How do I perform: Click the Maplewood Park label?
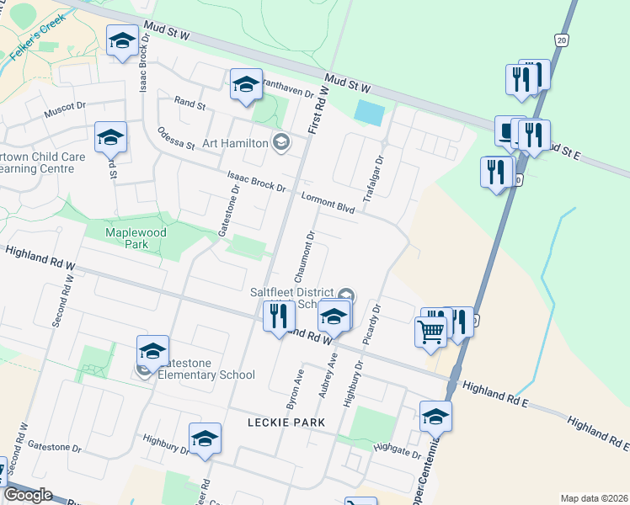(x=136, y=238)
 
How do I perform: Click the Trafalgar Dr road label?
(x=373, y=178)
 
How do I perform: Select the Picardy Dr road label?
(x=371, y=322)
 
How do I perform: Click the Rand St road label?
(x=190, y=105)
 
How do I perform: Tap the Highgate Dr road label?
(x=397, y=451)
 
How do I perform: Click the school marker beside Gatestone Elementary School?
(x=152, y=352)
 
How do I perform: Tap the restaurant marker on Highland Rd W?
(x=279, y=316)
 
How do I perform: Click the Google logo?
(x=28, y=495)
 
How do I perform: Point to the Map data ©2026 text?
(x=594, y=498)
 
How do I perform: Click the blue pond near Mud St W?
(x=368, y=111)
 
